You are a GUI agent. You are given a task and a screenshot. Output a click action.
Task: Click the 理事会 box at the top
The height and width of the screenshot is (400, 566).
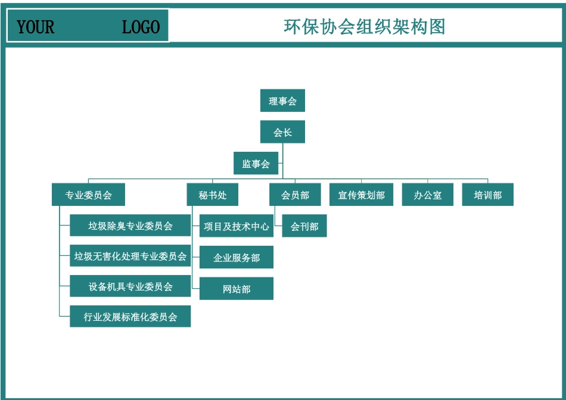(x=282, y=101)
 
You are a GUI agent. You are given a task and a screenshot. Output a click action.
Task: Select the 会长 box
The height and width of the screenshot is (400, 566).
(x=282, y=132)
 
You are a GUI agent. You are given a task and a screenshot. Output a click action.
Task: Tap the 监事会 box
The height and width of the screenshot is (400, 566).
(x=256, y=164)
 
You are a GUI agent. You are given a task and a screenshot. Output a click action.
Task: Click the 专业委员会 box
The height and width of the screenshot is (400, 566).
(x=89, y=195)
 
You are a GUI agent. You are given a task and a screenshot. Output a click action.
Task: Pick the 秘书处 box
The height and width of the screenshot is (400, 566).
(x=213, y=195)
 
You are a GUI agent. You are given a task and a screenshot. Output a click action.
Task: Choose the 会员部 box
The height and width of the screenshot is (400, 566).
(x=295, y=195)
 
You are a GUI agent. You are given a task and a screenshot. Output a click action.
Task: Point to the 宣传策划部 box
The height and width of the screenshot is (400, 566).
(x=362, y=195)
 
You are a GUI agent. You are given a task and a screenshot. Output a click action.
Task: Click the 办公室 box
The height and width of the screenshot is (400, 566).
(x=428, y=195)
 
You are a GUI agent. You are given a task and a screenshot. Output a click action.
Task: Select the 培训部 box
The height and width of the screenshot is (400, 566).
(x=487, y=195)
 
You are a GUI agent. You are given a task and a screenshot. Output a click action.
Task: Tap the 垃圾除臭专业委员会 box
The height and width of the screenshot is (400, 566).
(x=130, y=226)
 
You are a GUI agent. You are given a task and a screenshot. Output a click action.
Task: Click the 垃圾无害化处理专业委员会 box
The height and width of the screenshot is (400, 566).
(x=130, y=256)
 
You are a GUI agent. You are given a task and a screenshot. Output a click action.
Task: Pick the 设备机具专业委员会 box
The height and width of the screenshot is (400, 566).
(x=130, y=286)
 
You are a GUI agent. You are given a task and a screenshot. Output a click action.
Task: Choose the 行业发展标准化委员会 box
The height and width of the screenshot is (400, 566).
(x=130, y=317)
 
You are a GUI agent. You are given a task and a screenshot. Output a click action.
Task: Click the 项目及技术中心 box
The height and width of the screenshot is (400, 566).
(x=237, y=226)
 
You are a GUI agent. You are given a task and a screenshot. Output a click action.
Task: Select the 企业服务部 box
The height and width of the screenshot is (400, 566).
(x=237, y=258)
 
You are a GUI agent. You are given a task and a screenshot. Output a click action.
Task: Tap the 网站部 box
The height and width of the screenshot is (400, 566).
(x=237, y=289)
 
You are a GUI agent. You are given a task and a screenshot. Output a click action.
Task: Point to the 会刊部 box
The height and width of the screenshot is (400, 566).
(x=304, y=226)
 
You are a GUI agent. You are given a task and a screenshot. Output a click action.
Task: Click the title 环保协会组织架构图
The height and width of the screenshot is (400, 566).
(x=365, y=27)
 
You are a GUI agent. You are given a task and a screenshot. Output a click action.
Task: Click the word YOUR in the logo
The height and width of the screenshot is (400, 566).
(x=35, y=27)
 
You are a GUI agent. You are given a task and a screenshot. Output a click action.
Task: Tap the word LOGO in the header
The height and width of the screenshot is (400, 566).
(x=141, y=27)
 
